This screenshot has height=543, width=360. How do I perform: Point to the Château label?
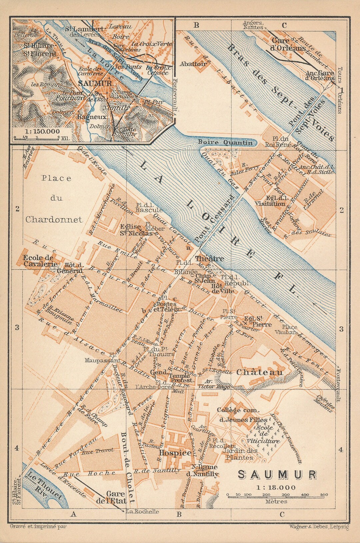(x=260, y=372)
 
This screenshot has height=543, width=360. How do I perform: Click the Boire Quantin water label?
(x=225, y=143)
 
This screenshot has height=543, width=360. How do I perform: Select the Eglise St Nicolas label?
(x=136, y=230)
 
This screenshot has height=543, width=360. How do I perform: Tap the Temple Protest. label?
(x=181, y=378)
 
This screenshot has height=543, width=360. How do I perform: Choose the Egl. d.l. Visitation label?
(x=270, y=200)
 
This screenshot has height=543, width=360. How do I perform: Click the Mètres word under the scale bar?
(x=277, y=501)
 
